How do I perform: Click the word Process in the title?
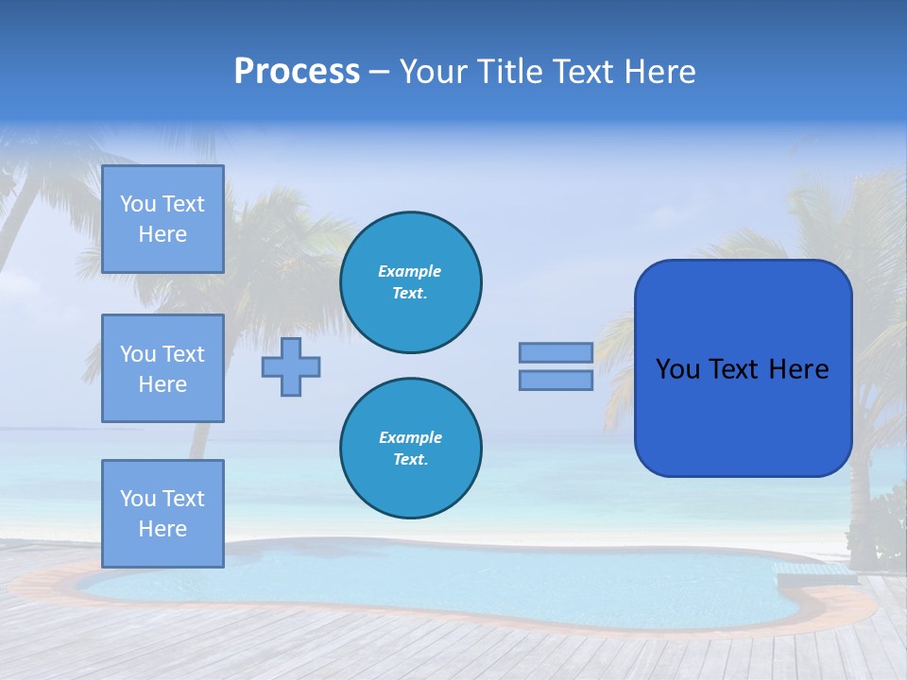pyautogui.click(x=297, y=72)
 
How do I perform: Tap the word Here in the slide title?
pyautogui.click(x=659, y=72)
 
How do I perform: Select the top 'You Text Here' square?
pyautogui.click(x=163, y=219)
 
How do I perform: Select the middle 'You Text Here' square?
pyautogui.click(x=163, y=368)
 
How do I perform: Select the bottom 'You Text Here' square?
pyautogui.click(x=163, y=513)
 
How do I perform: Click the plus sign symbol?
pyautogui.click(x=291, y=366)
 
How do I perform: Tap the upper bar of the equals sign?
pyautogui.click(x=556, y=353)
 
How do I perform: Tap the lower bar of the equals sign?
pyautogui.click(x=556, y=381)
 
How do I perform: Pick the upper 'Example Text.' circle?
pyautogui.click(x=410, y=282)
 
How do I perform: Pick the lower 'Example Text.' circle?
pyautogui.click(x=410, y=449)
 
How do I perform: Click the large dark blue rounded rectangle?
pyautogui.click(x=743, y=416)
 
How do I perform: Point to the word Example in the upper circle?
pyautogui.click(x=410, y=271)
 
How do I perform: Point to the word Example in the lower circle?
pyautogui.click(x=410, y=437)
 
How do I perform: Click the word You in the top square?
pyautogui.click(x=138, y=204)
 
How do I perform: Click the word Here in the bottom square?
pyautogui.click(x=163, y=529)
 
